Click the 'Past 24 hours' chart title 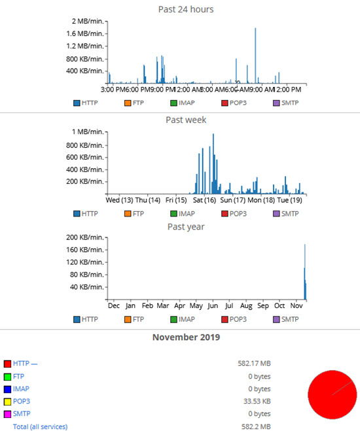click(186, 9)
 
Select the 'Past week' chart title click(187, 120)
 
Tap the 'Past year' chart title click(186, 226)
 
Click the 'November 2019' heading click(186, 337)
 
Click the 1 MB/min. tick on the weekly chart click(86, 132)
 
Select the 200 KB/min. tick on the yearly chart click(86, 237)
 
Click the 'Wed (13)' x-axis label click(119, 200)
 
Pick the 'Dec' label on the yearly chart click(113, 305)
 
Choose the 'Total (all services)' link click(40, 426)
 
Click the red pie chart click(332, 394)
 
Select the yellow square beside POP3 click(7, 401)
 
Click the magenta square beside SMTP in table click(7, 414)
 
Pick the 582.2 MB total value click(257, 426)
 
